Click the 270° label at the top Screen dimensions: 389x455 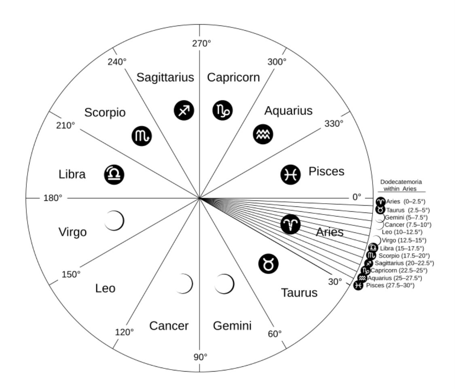[x=201, y=43]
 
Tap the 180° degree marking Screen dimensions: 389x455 [x=53, y=198]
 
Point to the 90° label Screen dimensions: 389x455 [x=200, y=357]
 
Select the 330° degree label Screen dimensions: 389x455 [x=334, y=123]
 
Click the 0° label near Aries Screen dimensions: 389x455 [x=356, y=197]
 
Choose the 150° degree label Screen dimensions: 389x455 [x=71, y=274]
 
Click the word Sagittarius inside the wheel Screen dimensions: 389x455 [x=165, y=77]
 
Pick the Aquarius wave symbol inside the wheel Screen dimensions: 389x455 [x=263, y=134]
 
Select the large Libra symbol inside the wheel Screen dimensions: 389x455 [x=114, y=174]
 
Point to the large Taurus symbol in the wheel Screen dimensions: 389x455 [x=269, y=264]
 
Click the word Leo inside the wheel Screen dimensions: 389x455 [x=105, y=289]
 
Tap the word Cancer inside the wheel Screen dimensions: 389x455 [x=169, y=325]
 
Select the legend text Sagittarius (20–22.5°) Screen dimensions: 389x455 [x=404, y=263]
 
